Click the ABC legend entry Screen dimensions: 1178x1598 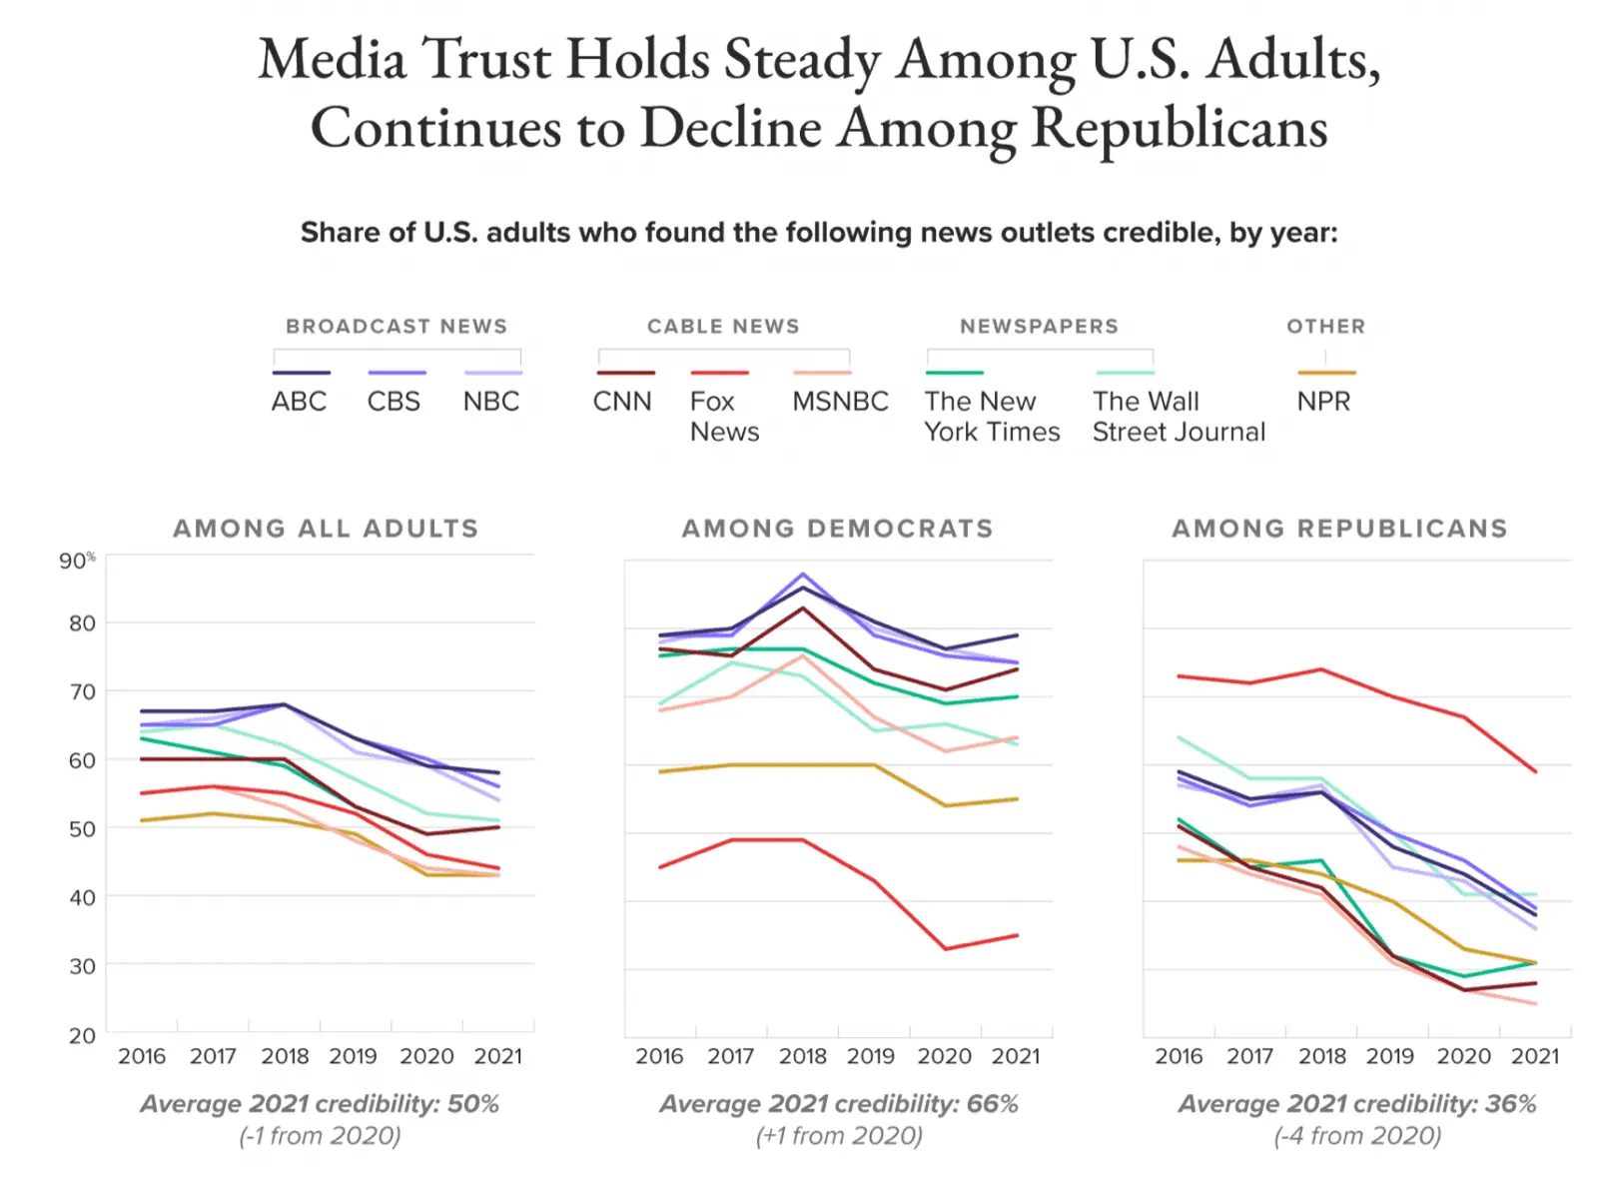coord(299,402)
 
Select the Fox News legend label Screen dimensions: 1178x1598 coord(724,417)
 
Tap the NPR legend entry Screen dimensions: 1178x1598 coord(1323,402)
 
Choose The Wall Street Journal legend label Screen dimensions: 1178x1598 coord(1179,417)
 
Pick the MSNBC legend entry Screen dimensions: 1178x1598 coord(840,402)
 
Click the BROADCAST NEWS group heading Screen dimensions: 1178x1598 coord(397,327)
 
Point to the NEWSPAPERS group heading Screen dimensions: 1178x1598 coord(1039,327)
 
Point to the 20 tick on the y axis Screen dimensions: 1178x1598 coord(82,1035)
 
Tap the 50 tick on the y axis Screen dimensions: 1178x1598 coord(82,829)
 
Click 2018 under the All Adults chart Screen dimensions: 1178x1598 coord(285,1056)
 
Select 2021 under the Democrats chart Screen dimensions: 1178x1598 coord(1016,1056)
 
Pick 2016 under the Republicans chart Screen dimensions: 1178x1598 coord(1179,1056)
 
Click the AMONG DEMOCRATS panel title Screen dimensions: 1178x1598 coord(837,529)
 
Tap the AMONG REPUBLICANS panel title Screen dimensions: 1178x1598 coord(1339,529)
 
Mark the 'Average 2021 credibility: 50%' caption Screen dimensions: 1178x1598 coord(320,1104)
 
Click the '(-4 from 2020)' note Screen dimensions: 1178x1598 coord(1357,1136)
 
